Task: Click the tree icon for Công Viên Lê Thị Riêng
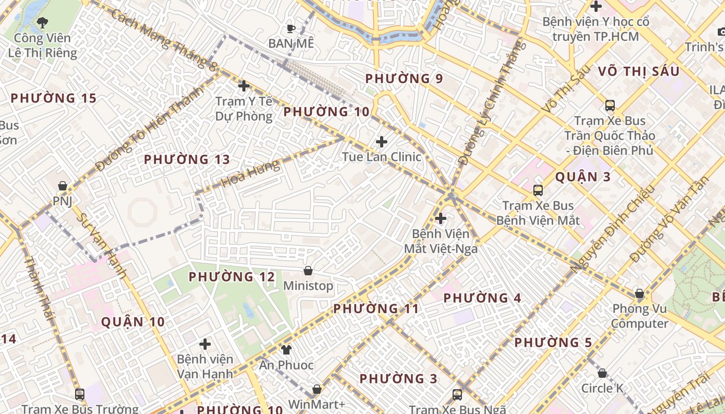42,22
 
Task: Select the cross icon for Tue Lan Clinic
382,141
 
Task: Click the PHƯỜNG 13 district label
186,159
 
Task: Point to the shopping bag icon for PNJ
63,185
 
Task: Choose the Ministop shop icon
308,271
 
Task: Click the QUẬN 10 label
133,322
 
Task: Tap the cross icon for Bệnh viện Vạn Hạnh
205,344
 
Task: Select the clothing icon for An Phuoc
286,350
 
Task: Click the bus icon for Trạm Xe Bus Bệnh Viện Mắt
538,190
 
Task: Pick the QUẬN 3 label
583,177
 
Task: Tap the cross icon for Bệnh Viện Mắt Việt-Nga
441,218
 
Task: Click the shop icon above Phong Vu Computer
640,294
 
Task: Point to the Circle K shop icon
602,373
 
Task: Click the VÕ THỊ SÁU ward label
638,71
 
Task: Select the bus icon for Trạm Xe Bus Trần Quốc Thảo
610,106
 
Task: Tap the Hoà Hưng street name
250,173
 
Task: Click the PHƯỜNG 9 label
404,79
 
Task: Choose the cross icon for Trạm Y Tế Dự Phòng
244,85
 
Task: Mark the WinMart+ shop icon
317,389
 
